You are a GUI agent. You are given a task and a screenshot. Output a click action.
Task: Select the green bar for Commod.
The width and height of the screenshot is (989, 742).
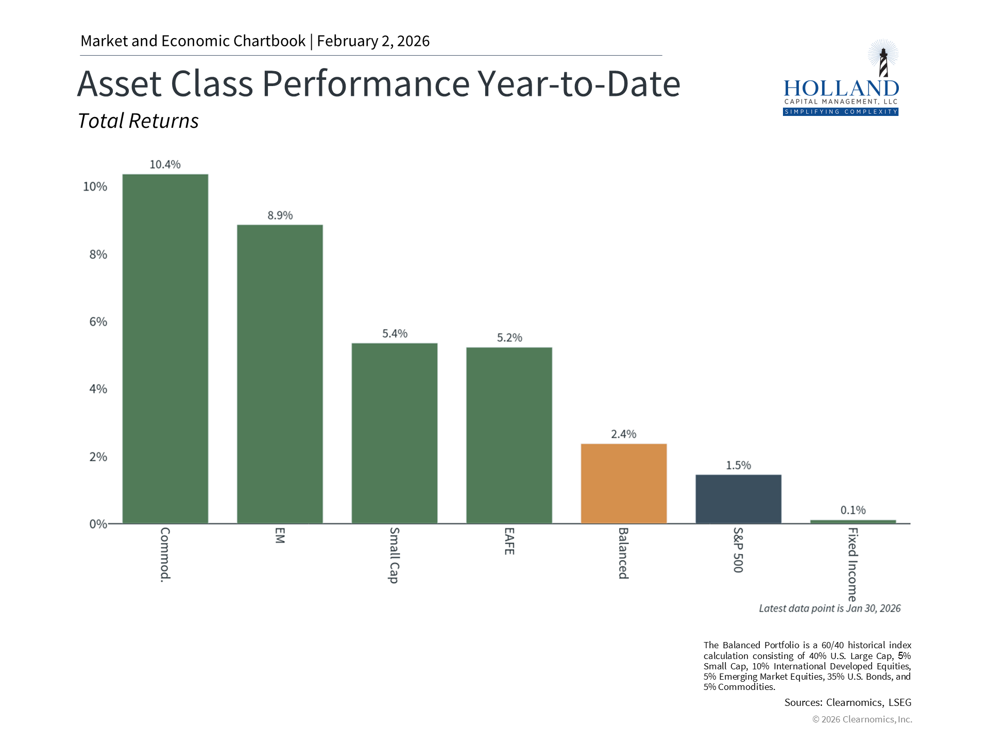[165, 349]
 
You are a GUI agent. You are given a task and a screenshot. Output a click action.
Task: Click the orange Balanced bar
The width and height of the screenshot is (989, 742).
[623, 483]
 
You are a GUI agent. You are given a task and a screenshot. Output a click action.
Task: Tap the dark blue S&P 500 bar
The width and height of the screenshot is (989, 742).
[738, 499]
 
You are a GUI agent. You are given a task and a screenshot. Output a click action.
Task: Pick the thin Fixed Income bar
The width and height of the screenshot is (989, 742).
[852, 521]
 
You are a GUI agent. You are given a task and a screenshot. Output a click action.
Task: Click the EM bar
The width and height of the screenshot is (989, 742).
[280, 374]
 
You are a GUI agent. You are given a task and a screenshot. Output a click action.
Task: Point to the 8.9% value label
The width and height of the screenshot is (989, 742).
[280, 215]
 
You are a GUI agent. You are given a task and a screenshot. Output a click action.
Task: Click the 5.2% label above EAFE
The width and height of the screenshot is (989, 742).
[509, 338]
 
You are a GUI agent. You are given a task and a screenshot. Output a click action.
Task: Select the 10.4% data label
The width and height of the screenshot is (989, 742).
[165, 164]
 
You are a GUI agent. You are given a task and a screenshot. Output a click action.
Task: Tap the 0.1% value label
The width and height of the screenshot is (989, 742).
[852, 510]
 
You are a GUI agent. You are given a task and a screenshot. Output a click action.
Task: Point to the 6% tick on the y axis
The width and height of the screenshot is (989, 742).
[98, 322]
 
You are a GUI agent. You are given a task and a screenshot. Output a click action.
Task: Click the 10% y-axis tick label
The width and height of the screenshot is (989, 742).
[95, 187]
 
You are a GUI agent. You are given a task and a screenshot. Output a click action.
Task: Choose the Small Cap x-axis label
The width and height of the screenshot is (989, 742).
[394, 555]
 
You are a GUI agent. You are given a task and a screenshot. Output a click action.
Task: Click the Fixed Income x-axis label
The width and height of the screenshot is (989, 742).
[852, 564]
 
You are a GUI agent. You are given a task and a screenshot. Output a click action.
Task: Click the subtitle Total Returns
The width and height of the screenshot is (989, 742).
[138, 121]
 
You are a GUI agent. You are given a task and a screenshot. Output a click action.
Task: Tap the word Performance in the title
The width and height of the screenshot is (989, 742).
[366, 83]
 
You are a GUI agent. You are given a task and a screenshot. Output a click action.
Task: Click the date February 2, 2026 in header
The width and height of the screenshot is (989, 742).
[373, 41]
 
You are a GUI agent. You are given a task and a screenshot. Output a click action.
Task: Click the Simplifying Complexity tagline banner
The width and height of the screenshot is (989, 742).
[841, 112]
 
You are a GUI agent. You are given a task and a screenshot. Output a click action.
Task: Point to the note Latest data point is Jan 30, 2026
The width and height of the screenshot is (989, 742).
[829, 609]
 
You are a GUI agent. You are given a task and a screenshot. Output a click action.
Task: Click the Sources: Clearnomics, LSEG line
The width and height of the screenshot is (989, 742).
[847, 702]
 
